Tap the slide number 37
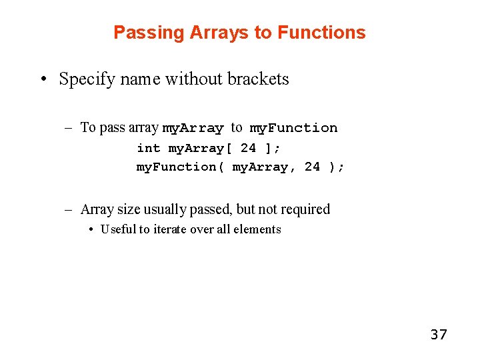[x=439, y=334]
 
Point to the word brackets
[x=258, y=79]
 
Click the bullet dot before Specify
[x=43, y=79]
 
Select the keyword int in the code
[x=149, y=148]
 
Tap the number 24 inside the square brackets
[x=248, y=148]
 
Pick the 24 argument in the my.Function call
[x=312, y=167]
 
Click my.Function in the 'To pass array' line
[x=293, y=128]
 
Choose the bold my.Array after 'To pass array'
[x=193, y=128]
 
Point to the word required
[x=305, y=209]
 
